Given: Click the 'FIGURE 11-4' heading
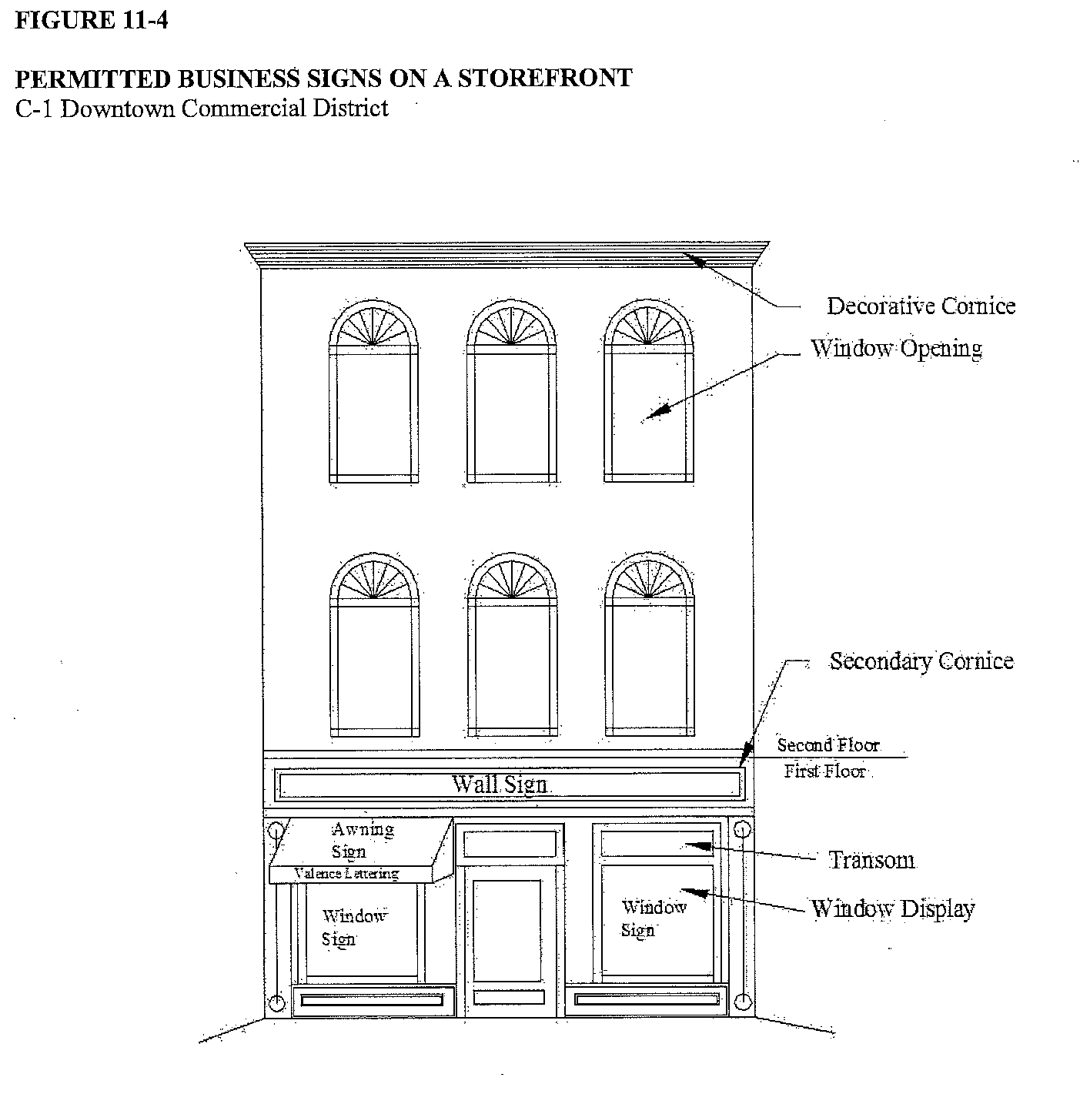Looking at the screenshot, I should pyautogui.click(x=92, y=20).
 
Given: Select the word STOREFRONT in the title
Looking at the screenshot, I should pyautogui.click(x=545, y=79).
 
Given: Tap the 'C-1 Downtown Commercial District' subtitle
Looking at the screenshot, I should pyautogui.click(x=202, y=108).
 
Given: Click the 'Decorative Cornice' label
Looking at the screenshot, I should pyautogui.click(x=921, y=306).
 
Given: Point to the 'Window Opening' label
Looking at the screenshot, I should pyautogui.click(x=896, y=349).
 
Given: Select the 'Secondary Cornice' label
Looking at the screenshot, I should pyautogui.click(x=921, y=661).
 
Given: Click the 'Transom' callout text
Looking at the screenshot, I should pyautogui.click(x=871, y=860).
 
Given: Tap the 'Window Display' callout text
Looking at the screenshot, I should pyautogui.click(x=893, y=909).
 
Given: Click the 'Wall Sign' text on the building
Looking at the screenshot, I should pyautogui.click(x=499, y=784).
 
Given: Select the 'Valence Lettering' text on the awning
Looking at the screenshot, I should pyautogui.click(x=346, y=874).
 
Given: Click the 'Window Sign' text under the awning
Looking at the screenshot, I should pyautogui.click(x=353, y=927).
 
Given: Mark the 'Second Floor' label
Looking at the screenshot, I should pyautogui.click(x=828, y=745).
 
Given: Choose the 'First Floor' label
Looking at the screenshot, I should pyautogui.click(x=824, y=771).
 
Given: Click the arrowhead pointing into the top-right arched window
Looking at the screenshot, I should pyautogui.click(x=650, y=415).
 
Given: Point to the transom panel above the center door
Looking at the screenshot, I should pyautogui.click(x=510, y=843).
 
